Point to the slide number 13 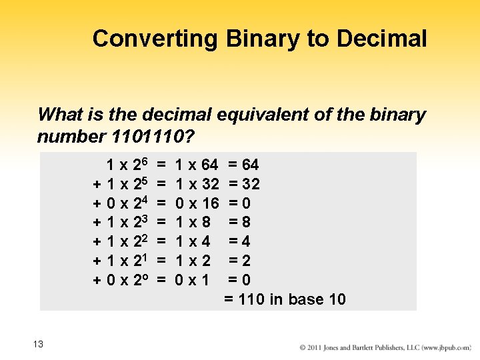(x=37, y=344)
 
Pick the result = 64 (x=243, y=165)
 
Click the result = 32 (x=243, y=184)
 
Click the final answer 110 (x=251, y=299)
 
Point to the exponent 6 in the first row (x=143, y=161)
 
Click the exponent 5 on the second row (x=143, y=180)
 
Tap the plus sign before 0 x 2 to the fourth (x=97, y=203)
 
